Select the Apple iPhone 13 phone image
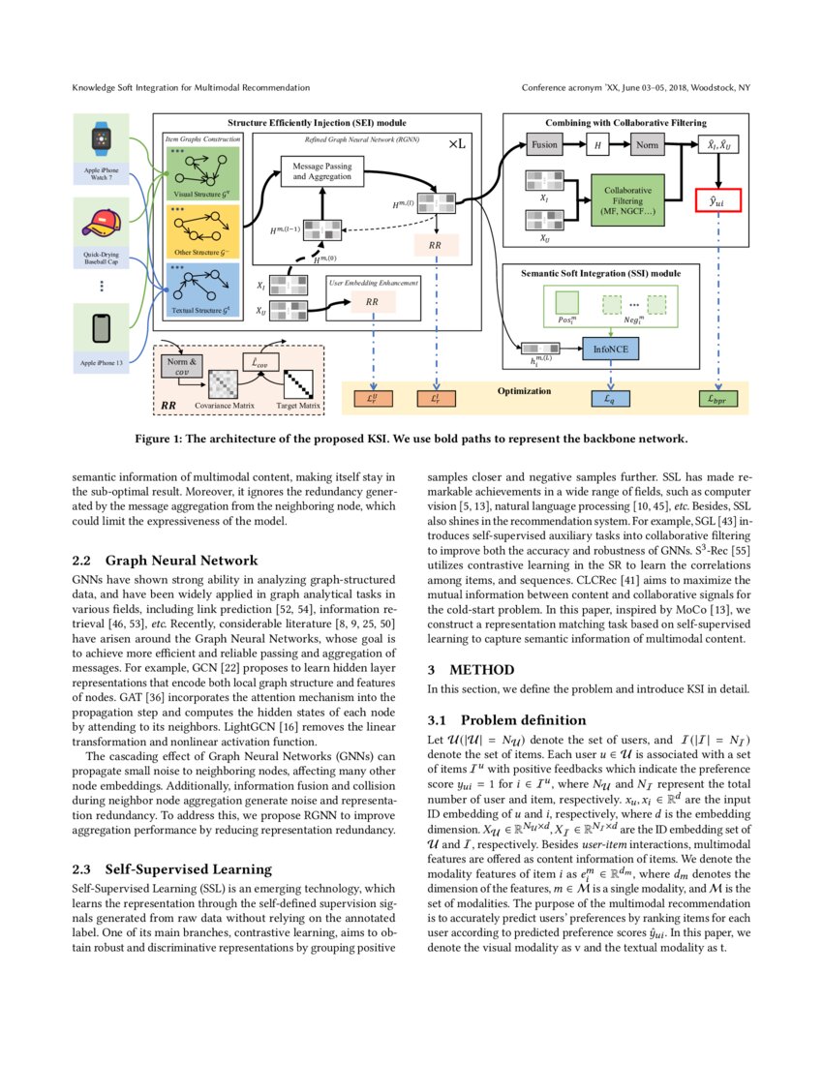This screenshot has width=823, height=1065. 100,330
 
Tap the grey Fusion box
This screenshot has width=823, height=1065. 544,145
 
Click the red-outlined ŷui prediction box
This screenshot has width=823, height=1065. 716,200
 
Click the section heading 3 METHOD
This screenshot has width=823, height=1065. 470,669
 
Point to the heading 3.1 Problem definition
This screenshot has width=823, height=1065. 506,720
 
